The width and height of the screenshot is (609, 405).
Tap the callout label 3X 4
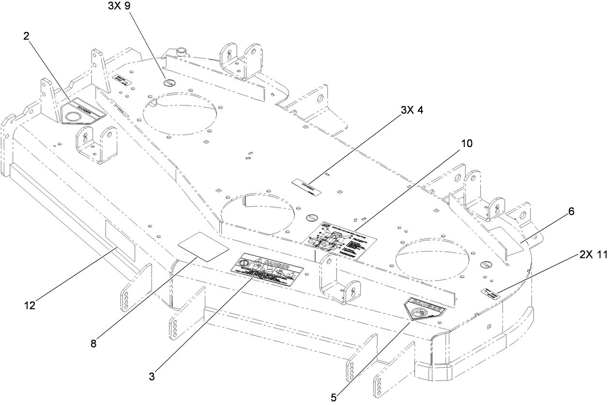click(411, 110)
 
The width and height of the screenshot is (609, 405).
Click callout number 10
click(467, 143)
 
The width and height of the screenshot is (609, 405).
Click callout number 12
click(30, 305)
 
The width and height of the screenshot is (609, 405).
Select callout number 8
click(93, 344)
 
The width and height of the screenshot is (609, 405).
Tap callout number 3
click(152, 375)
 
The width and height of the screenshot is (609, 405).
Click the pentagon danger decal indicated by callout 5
click(425, 308)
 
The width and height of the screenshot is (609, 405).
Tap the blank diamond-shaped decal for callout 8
click(203, 246)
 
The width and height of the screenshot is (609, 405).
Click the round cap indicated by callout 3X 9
click(169, 82)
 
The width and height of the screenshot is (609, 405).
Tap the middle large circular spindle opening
click(257, 213)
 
